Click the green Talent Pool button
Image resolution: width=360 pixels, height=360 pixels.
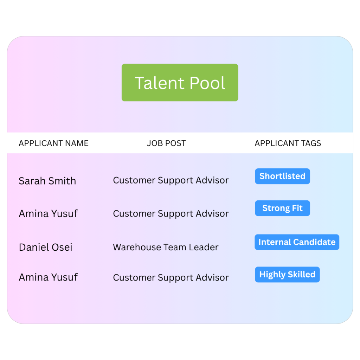click(180, 83)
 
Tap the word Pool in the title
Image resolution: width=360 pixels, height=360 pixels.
click(207, 83)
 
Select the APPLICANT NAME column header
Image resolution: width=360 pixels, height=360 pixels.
click(53, 143)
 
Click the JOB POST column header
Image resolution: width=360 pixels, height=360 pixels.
click(166, 143)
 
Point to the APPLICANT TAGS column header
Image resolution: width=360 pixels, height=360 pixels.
click(288, 143)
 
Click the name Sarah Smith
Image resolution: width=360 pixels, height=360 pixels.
click(47, 181)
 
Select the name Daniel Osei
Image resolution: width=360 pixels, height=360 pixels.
click(45, 247)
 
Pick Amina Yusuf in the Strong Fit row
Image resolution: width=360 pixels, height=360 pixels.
click(48, 213)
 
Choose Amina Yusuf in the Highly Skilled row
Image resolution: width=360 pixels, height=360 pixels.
click(48, 277)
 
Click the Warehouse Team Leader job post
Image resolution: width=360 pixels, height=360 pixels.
click(166, 247)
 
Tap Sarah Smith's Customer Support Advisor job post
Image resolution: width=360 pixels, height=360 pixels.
click(171, 181)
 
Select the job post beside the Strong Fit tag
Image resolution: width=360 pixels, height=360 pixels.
click(171, 214)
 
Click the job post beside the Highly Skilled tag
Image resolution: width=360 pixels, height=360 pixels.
click(171, 278)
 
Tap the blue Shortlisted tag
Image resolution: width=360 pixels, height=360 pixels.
click(282, 176)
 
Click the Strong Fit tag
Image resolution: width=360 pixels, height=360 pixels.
click(282, 208)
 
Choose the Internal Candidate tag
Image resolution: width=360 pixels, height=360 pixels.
click(297, 242)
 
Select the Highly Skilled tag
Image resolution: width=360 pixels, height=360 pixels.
click(287, 275)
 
